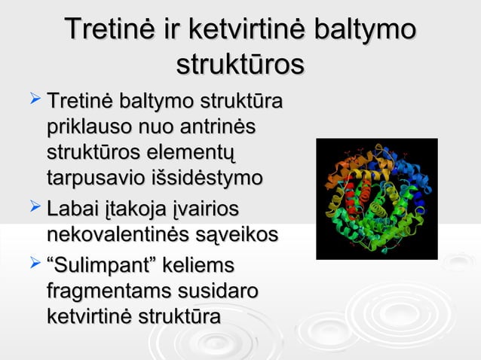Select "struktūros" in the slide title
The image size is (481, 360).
[240, 63]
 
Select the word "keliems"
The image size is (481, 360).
[195, 266]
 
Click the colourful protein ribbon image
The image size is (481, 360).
[376, 199]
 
